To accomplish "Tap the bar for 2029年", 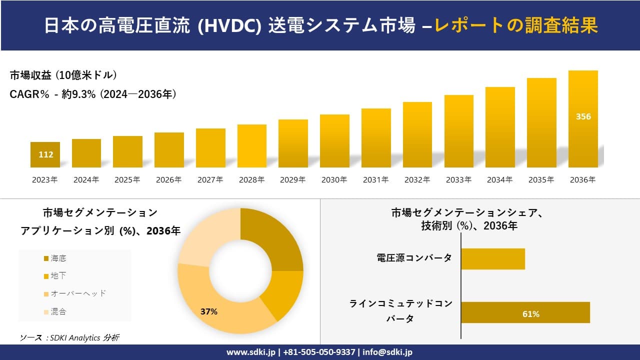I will [x=293, y=143].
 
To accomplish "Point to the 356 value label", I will [x=583, y=116].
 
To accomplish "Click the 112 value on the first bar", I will [x=45, y=154].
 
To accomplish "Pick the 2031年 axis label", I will [x=375, y=180].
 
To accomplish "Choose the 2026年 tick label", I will [x=168, y=180].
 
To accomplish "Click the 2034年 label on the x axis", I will [x=499, y=180].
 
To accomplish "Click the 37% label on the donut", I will [x=209, y=311].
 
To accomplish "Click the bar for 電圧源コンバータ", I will [x=492, y=258].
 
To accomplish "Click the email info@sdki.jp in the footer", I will [x=387, y=352].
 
